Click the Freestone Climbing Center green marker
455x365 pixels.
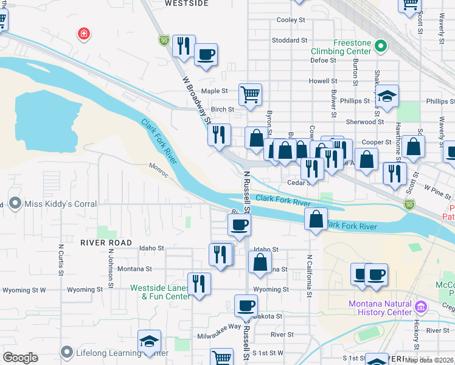point(381,45)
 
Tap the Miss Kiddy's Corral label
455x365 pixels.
point(60,204)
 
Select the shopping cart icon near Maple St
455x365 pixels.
point(250,94)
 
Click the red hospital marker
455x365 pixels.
point(83,33)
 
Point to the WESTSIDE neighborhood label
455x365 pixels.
point(187,4)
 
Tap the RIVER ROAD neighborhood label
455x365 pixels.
point(105,242)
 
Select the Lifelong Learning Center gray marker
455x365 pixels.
point(67,352)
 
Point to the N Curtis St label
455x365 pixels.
point(61,266)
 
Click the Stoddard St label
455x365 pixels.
point(290,40)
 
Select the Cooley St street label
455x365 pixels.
point(290,20)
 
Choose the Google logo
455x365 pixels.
point(20,357)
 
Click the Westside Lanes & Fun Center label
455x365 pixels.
point(159,292)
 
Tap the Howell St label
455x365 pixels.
point(322,81)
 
